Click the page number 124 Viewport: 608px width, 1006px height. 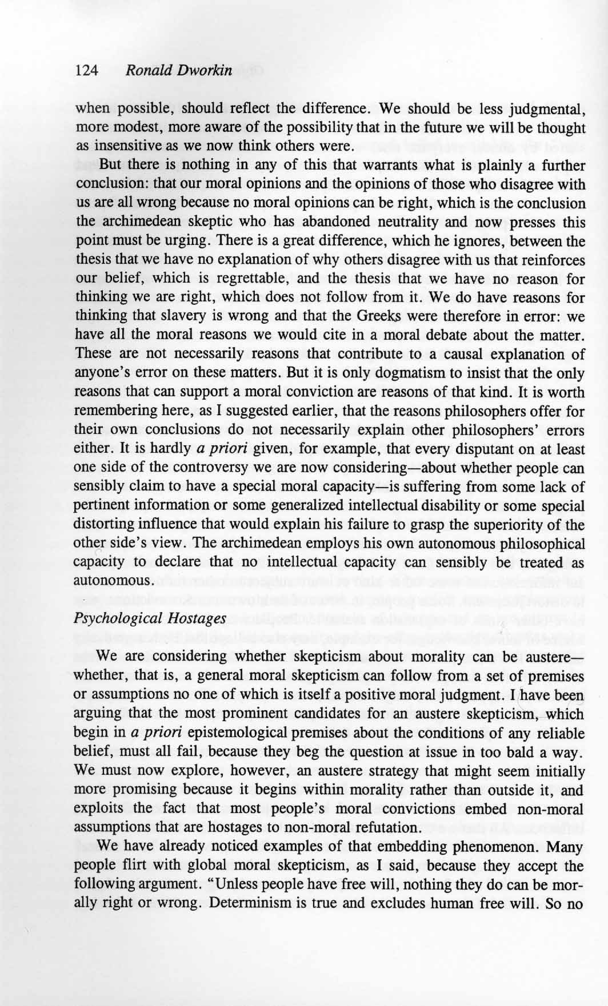pos(87,71)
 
